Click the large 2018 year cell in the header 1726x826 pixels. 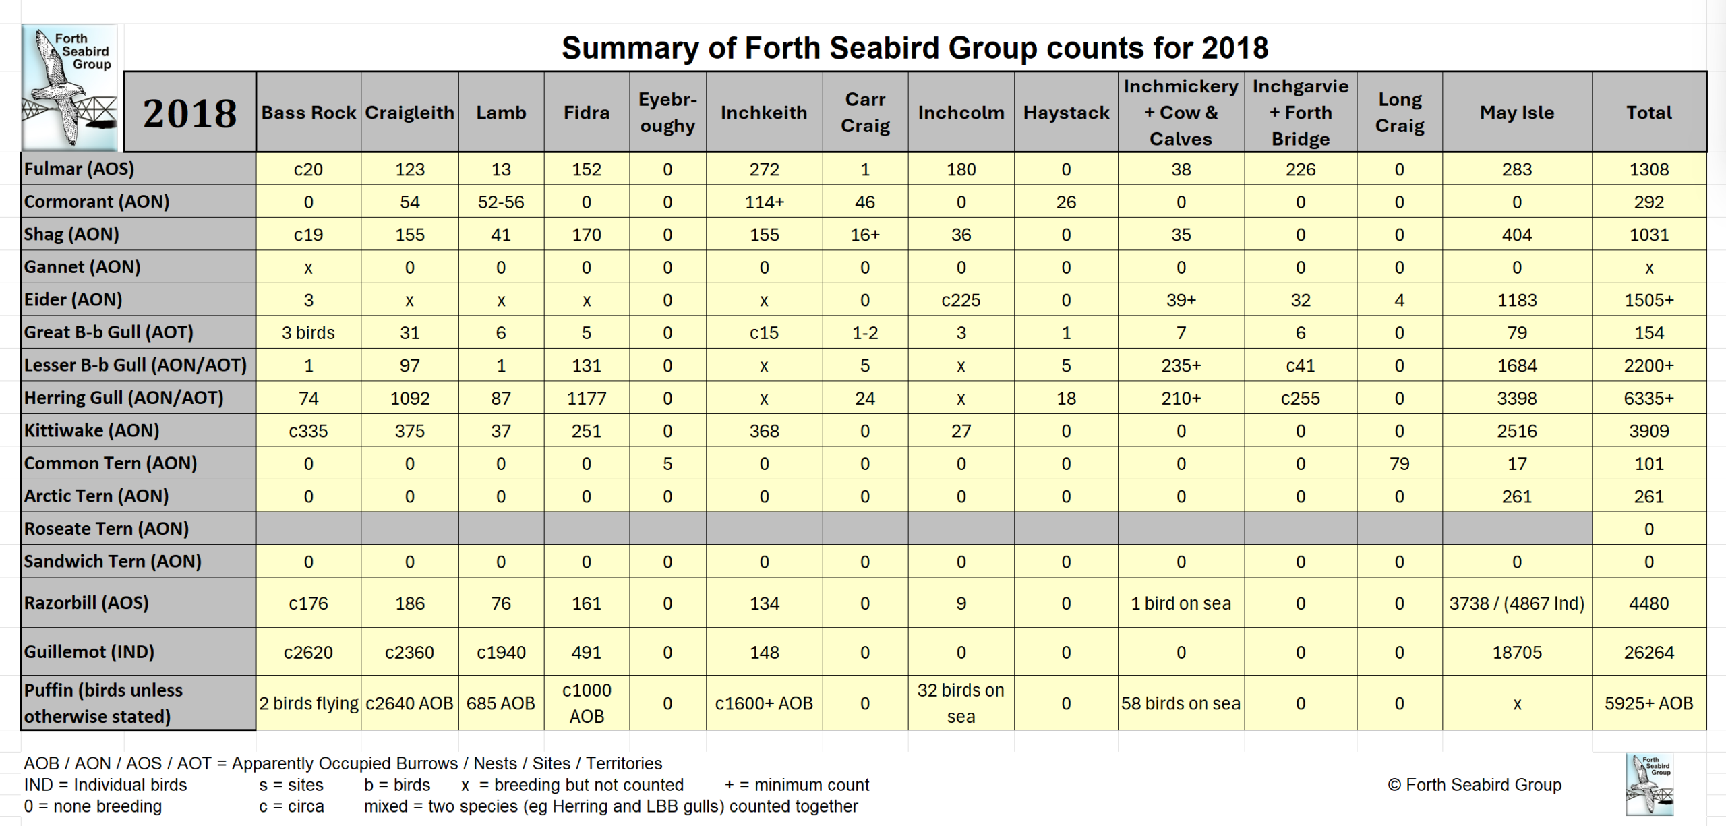pos(190,113)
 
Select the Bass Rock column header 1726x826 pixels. pos(308,113)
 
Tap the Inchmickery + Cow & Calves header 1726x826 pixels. pos(1181,113)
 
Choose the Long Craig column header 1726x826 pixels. pos(1399,113)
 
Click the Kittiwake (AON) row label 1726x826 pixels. pos(92,430)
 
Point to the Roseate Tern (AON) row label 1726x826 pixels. pos(107,529)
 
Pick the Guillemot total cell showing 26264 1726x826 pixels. pos(1648,652)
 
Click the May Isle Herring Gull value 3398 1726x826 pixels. pos(1516,398)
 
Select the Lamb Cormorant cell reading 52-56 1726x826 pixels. pos(500,202)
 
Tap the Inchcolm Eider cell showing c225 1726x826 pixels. pos(961,300)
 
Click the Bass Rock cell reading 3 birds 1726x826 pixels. pos(308,332)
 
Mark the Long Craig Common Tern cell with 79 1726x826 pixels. pos(1399,463)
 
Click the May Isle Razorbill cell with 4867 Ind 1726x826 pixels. pos(1516,603)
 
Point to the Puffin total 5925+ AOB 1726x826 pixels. pos(1648,703)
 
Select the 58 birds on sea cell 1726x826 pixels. pos(1181,703)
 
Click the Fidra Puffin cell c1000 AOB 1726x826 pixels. pos(586,703)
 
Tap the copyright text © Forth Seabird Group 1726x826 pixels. pos(1475,785)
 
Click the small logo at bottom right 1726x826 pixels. pos(1649,785)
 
